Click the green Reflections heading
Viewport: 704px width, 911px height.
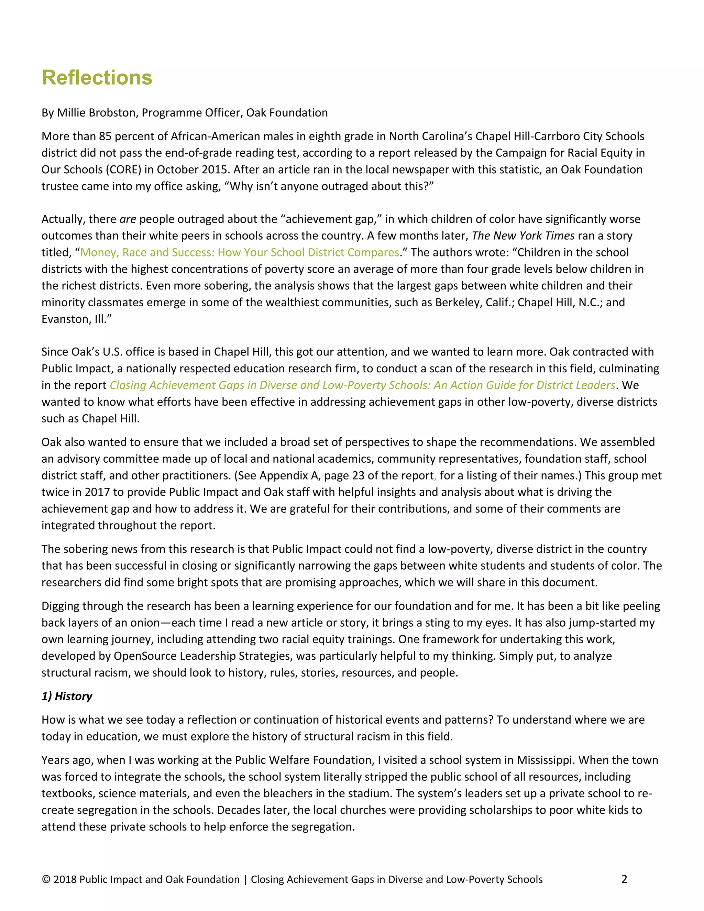[x=97, y=78]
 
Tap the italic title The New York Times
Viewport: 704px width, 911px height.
[x=523, y=236]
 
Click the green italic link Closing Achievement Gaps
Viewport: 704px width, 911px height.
[x=362, y=385]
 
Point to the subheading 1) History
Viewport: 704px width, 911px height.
[x=67, y=696]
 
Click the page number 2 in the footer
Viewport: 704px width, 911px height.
[x=624, y=879]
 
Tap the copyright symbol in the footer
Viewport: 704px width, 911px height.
[x=46, y=880]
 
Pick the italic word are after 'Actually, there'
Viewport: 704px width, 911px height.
[x=128, y=219]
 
